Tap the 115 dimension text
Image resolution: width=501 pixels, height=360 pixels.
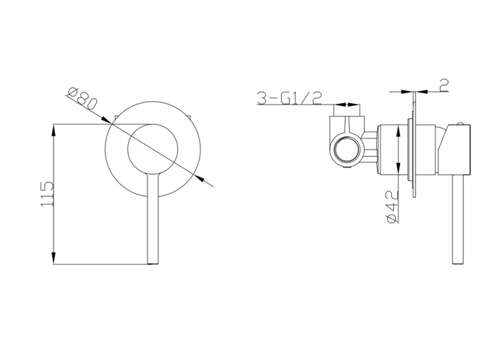[x=47, y=194]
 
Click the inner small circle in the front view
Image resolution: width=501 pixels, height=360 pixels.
[x=153, y=149]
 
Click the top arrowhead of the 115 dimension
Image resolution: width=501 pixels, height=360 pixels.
[x=54, y=129]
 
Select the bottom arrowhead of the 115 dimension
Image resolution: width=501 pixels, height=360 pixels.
[x=54, y=259]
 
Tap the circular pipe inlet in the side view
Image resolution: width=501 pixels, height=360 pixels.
[x=346, y=149]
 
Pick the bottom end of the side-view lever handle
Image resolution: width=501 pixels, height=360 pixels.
[x=459, y=262]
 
